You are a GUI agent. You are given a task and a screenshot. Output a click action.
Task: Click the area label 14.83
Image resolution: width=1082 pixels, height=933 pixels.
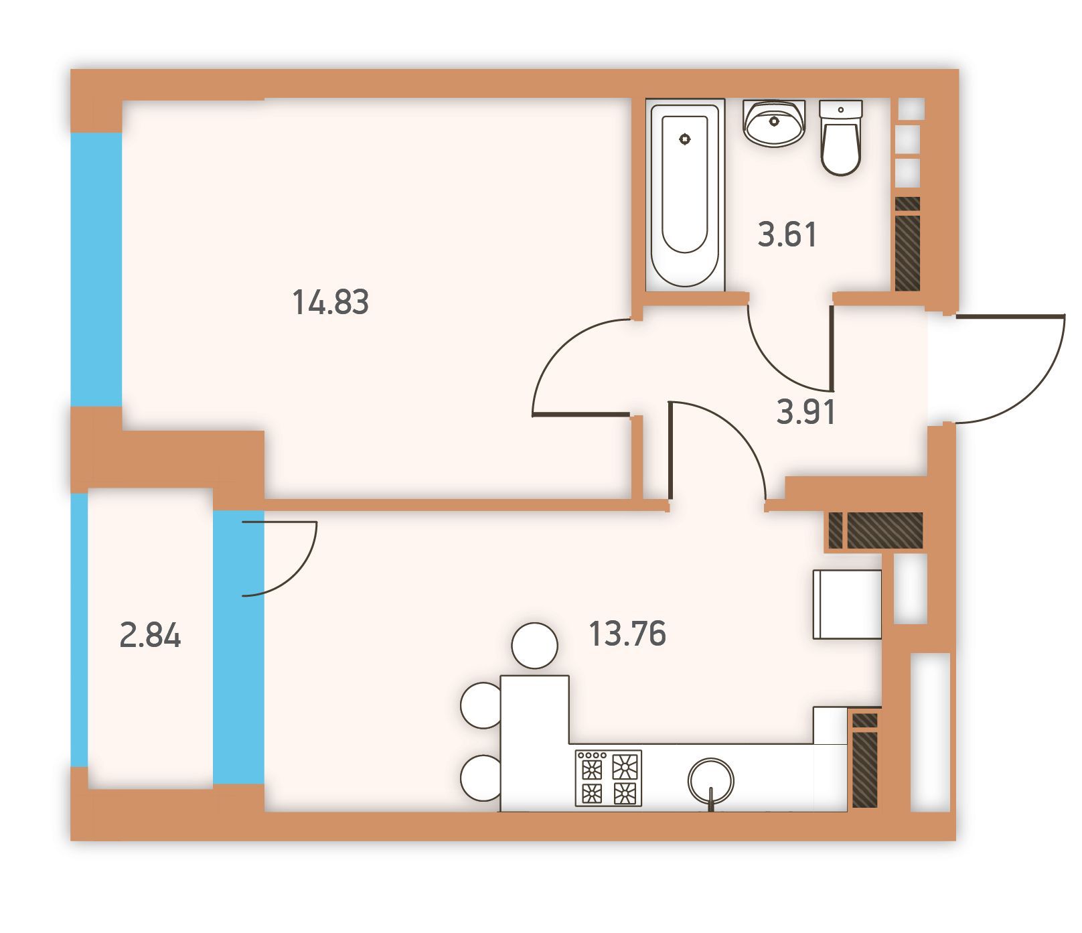(x=330, y=302)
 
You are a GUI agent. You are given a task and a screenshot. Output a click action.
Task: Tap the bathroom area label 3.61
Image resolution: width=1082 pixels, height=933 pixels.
(x=787, y=235)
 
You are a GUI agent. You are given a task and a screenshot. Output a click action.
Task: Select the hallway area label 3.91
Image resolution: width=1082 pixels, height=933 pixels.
(x=806, y=411)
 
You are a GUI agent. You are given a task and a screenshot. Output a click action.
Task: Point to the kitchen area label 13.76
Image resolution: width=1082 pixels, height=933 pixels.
(x=627, y=634)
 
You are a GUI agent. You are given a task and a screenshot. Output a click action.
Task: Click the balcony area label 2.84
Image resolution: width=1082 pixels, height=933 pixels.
(x=150, y=635)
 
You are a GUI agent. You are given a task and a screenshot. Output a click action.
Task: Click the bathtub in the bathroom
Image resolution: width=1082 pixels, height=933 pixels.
(x=685, y=195)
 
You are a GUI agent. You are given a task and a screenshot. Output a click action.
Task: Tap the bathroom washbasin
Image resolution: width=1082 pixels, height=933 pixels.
(x=774, y=123)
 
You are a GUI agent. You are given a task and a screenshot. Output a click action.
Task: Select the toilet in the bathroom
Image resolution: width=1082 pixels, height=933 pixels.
(x=840, y=137)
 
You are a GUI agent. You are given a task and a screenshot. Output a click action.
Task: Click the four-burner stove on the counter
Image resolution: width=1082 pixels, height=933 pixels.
(x=608, y=777)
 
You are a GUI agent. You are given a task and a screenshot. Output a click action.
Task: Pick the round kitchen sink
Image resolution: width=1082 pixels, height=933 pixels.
(x=710, y=781)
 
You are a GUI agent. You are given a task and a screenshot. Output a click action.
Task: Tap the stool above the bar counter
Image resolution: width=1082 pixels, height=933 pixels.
(x=534, y=646)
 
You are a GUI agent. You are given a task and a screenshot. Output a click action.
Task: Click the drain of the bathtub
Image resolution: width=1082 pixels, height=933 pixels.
(x=684, y=139)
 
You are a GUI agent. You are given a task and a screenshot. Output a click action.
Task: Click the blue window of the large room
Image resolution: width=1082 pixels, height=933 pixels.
(x=96, y=269)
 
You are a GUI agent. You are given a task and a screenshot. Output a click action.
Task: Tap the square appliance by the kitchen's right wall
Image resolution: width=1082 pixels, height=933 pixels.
(x=847, y=604)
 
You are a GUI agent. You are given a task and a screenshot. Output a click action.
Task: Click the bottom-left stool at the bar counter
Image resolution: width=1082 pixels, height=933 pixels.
(x=481, y=778)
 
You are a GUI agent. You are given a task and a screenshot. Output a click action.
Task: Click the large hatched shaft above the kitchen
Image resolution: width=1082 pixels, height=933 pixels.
(x=885, y=530)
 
